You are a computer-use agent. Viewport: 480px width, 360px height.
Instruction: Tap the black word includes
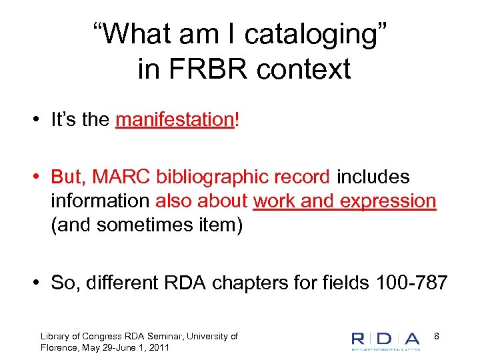373,177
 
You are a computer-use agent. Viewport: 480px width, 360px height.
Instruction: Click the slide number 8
437,337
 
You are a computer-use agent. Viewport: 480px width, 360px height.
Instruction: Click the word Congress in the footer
99,337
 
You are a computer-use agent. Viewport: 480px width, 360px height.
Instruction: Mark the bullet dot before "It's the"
40,121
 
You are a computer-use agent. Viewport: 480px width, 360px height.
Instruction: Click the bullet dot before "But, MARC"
40,178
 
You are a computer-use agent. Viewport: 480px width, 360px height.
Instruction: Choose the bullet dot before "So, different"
40,283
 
